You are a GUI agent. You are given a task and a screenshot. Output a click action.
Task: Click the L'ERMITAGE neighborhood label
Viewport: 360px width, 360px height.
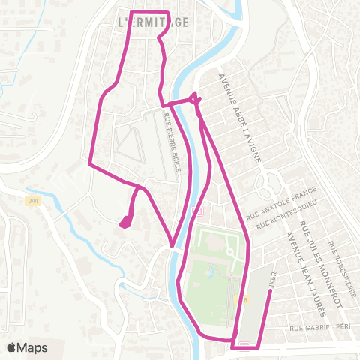[x=154, y=22]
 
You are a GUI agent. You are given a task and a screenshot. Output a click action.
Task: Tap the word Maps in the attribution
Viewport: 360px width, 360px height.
[x=34, y=347]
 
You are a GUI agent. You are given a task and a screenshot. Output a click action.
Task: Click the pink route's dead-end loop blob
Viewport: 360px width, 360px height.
[x=125, y=220]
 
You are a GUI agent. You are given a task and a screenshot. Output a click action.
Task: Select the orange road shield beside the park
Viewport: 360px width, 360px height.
[x=240, y=300]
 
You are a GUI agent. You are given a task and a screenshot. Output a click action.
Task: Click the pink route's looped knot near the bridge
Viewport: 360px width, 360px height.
[x=193, y=97]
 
